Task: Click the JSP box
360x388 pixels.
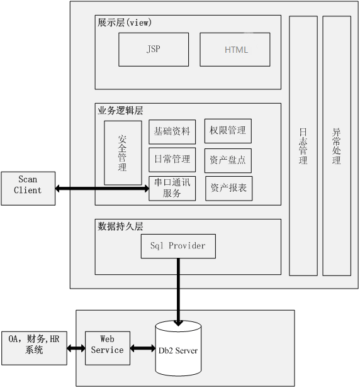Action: tap(153, 50)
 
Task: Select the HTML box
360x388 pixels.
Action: tap(235, 50)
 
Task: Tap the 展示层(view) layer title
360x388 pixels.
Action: tap(125, 23)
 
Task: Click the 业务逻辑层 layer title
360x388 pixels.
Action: tap(120, 110)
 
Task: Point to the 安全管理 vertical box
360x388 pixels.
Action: tap(123, 153)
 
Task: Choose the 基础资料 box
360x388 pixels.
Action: tap(172, 132)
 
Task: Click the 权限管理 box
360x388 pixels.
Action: tap(228, 131)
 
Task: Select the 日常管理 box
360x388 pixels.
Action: tap(172, 160)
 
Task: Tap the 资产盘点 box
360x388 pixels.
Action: tap(228, 160)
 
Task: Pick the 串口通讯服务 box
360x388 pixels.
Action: tap(172, 188)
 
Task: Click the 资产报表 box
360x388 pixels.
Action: tap(228, 188)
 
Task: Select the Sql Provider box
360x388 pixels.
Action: tap(177, 246)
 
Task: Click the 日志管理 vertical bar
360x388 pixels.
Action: tap(303, 146)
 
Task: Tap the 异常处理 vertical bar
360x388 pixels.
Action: tap(337, 146)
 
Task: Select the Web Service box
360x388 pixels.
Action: tap(107, 348)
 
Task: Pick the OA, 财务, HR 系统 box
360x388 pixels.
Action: tap(34, 347)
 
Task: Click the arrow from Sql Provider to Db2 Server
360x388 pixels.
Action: tap(178, 289)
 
